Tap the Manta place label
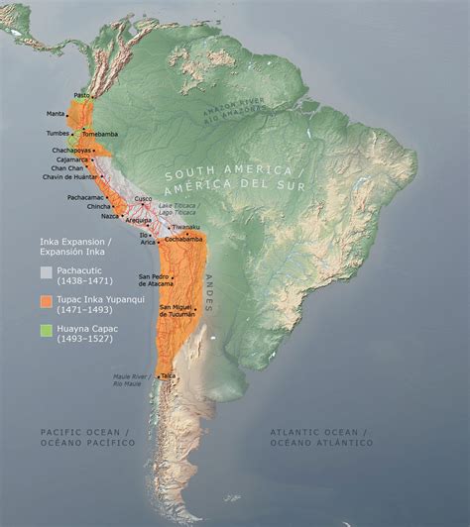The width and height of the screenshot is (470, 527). (55, 114)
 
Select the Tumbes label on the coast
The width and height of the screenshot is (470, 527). (57, 133)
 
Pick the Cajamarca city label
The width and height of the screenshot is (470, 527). (69, 158)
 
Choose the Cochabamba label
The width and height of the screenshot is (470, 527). (183, 239)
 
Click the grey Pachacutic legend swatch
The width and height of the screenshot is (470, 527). (47, 271)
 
